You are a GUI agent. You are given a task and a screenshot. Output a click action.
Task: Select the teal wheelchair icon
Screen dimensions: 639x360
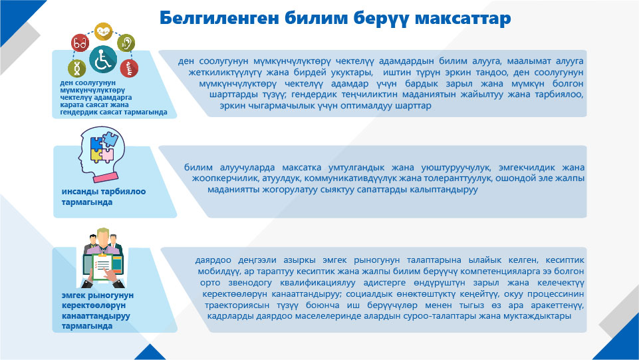[102, 59]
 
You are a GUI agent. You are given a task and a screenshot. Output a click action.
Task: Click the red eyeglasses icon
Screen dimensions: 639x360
[80, 43]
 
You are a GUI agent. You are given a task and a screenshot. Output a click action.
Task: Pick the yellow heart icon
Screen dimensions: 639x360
[104, 31]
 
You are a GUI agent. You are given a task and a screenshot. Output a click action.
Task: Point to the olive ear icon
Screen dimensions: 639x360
[126, 43]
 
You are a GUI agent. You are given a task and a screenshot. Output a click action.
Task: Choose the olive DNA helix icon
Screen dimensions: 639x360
[76, 68]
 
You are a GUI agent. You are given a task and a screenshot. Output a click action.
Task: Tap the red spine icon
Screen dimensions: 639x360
[129, 69]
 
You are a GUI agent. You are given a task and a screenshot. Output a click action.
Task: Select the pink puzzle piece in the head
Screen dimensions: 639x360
[108, 155]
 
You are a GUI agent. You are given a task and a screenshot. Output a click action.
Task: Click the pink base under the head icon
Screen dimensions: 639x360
[106, 178]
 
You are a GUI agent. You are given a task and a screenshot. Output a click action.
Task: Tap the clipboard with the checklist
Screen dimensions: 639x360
[102, 266]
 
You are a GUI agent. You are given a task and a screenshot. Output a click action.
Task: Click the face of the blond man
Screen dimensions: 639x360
[103, 237]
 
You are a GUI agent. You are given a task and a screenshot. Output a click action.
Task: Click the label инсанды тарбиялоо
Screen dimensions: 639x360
[104, 191]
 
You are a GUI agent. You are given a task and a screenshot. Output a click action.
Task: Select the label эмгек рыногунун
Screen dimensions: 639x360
[97, 295]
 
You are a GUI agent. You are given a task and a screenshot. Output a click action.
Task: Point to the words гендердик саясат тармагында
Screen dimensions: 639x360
[114, 112]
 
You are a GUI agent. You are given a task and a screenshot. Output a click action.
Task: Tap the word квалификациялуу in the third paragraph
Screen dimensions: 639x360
[317, 283]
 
